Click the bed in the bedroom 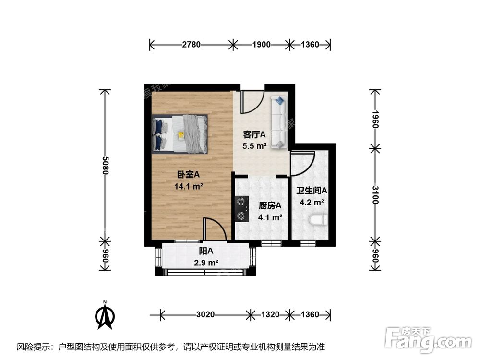point(180,133)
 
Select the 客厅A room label point(254,135)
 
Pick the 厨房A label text point(270,205)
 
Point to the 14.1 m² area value point(188,186)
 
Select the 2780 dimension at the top point(191,45)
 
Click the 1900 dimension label point(261,45)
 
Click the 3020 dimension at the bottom point(205,315)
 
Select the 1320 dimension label point(270,315)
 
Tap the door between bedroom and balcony point(214,229)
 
